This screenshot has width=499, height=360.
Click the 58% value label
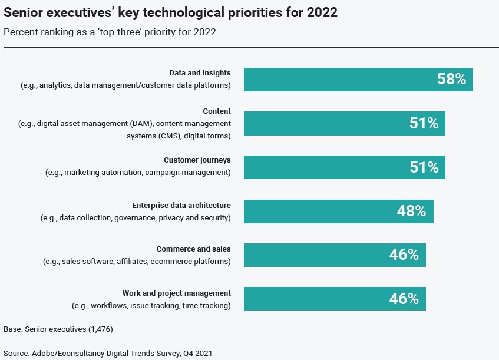point(451,79)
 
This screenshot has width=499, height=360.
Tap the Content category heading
point(217,111)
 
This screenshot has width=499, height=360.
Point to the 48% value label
point(411,211)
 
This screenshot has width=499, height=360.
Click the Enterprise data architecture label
point(181,206)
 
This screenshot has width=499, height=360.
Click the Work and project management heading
point(176,293)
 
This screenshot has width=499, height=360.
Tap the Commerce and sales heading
point(193,249)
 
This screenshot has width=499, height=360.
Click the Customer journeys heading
point(197,160)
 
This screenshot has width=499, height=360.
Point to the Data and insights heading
point(200,73)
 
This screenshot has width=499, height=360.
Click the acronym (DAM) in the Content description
point(139,123)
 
